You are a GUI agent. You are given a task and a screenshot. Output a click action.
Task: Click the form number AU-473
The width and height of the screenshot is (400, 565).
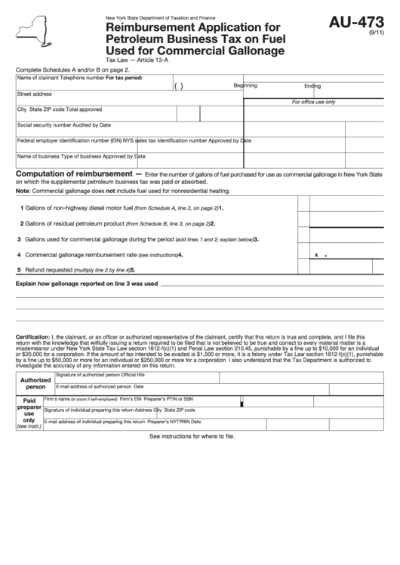pos(357,23)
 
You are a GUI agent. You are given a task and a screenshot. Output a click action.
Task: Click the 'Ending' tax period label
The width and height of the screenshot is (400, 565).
pos(312,85)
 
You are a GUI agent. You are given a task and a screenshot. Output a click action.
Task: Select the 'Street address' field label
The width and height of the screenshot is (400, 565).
pos(35,94)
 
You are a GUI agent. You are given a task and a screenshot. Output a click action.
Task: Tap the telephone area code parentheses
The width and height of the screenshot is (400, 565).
pos(179,86)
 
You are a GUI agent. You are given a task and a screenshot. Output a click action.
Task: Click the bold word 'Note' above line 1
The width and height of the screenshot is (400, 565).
pos(23,192)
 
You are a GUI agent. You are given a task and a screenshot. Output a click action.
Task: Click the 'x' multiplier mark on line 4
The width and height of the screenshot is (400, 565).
pos(315,255)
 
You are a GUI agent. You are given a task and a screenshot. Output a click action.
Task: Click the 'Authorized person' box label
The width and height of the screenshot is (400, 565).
pos(35,383)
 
